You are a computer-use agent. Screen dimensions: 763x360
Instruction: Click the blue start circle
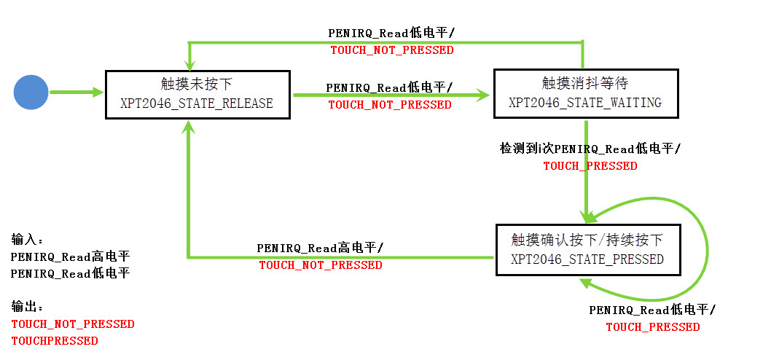pos(31,92)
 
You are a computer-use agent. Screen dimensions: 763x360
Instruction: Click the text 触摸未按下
pos(197,84)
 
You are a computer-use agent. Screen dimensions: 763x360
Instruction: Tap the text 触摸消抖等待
pos(585,83)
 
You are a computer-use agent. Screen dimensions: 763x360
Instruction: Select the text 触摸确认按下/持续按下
pos(587,240)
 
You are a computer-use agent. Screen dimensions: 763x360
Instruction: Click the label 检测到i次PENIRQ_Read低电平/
pos(590,149)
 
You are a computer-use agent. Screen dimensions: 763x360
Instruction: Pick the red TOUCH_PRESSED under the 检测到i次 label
pos(590,166)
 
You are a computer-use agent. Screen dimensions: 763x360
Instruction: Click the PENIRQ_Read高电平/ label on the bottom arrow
pos(320,248)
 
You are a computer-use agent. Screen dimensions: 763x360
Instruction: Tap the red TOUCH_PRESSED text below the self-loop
pos(652,327)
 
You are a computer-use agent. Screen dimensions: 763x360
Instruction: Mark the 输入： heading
pos(28,239)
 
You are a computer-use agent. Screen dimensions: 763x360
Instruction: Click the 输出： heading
pos(28,307)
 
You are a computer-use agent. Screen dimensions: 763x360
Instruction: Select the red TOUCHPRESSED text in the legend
pos(55,340)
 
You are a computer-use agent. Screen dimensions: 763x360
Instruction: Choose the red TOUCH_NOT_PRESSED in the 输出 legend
pos(73,324)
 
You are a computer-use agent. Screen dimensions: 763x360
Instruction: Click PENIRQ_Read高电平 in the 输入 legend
pos(71,257)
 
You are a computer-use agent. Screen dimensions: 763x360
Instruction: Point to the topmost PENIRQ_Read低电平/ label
pos(392,33)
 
